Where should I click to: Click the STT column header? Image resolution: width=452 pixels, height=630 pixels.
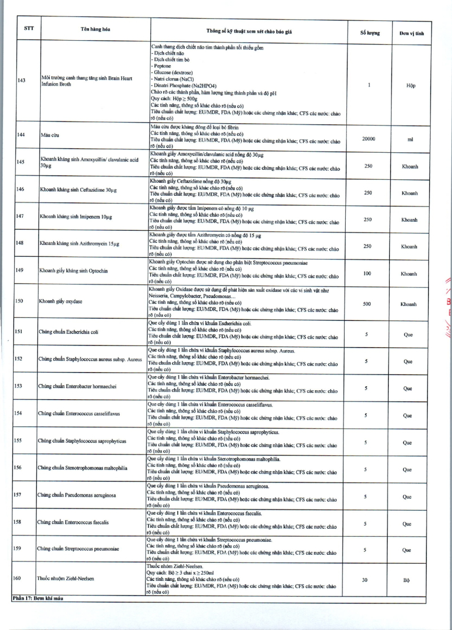pyautogui.click(x=28, y=28)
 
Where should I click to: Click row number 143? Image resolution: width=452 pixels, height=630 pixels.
pyautogui.click(x=21, y=80)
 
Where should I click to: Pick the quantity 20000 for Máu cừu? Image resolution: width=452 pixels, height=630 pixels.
pyautogui.click(x=368, y=137)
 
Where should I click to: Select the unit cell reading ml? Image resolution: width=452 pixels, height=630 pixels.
pyautogui.click(x=410, y=137)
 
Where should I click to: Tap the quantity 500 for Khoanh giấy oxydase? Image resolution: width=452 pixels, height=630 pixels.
pyautogui.click(x=367, y=304)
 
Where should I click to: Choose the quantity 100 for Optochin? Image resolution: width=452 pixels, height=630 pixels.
pyautogui.click(x=367, y=274)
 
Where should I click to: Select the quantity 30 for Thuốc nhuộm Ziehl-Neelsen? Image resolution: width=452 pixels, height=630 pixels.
pyautogui.click(x=365, y=580)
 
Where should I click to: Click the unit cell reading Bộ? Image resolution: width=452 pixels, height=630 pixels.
pyautogui.click(x=406, y=580)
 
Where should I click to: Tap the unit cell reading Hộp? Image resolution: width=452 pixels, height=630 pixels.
pyautogui.click(x=411, y=85)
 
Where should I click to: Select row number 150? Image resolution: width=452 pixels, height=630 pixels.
pyautogui.click(x=19, y=301)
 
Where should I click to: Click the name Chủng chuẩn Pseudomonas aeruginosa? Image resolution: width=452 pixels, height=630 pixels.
pyautogui.click(x=76, y=495)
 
